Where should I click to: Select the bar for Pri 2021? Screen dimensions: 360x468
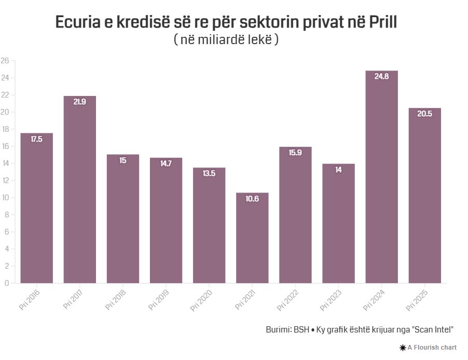point(252,239)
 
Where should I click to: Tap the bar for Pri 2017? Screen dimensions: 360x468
point(79,192)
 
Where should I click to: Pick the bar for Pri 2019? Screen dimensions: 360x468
point(166,220)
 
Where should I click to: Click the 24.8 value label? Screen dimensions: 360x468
point(381,76)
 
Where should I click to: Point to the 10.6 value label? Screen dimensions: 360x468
point(252,198)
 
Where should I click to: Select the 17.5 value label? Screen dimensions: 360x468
point(36,139)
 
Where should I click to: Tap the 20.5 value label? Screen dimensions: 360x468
point(424,114)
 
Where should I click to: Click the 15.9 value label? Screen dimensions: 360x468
point(295,153)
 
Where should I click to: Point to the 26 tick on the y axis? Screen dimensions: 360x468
point(5,61)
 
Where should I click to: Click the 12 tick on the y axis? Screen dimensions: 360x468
point(5,181)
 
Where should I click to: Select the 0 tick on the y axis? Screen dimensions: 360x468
point(7,283)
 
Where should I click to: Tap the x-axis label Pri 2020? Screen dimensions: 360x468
point(201,300)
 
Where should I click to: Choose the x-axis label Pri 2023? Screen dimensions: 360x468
point(331,300)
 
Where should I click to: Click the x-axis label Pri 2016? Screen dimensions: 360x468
point(30,300)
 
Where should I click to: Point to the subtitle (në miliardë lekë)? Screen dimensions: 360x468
point(226,39)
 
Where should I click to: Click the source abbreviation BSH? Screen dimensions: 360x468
point(301,329)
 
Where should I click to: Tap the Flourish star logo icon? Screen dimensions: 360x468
point(403,348)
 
